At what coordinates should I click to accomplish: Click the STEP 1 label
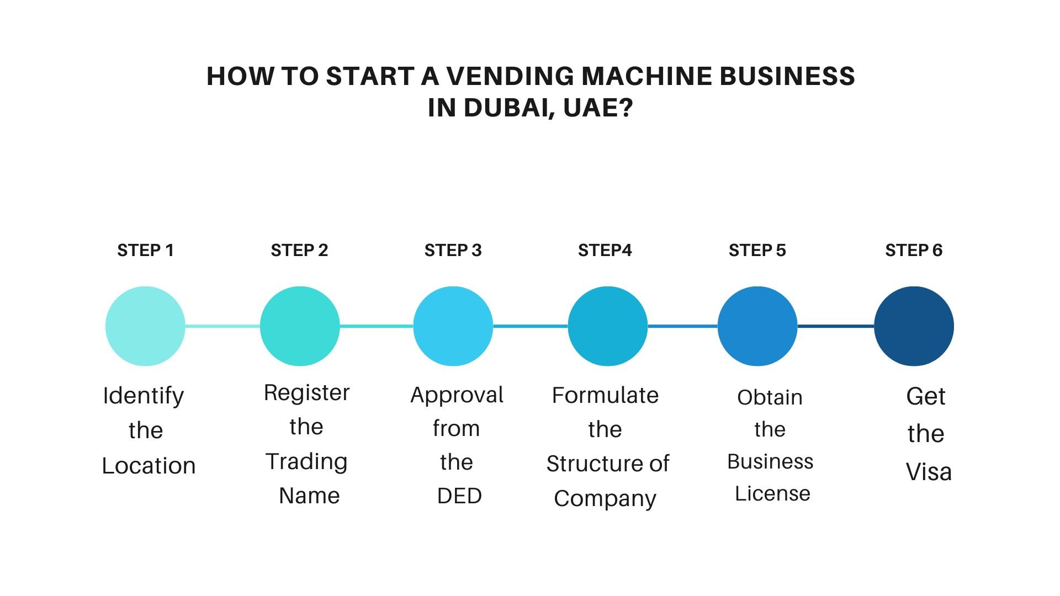[x=145, y=251]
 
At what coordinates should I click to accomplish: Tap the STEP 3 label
[x=453, y=251]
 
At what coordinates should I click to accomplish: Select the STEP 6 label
[x=914, y=251]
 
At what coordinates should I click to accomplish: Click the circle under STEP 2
[x=300, y=326]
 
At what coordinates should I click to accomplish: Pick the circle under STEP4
[x=608, y=326]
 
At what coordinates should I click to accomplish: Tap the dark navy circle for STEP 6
[x=914, y=326]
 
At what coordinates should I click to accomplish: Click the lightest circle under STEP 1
[x=145, y=326]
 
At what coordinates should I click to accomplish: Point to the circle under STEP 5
[x=757, y=326]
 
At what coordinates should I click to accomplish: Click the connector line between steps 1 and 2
[x=222, y=326]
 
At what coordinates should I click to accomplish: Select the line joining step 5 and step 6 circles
[x=836, y=326]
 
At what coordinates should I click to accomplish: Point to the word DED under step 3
[x=459, y=496]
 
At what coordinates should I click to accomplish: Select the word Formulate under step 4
[x=605, y=395]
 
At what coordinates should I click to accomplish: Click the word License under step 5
[x=772, y=493]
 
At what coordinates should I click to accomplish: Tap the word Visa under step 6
[x=929, y=472]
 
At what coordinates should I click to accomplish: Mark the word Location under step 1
[x=149, y=466]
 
